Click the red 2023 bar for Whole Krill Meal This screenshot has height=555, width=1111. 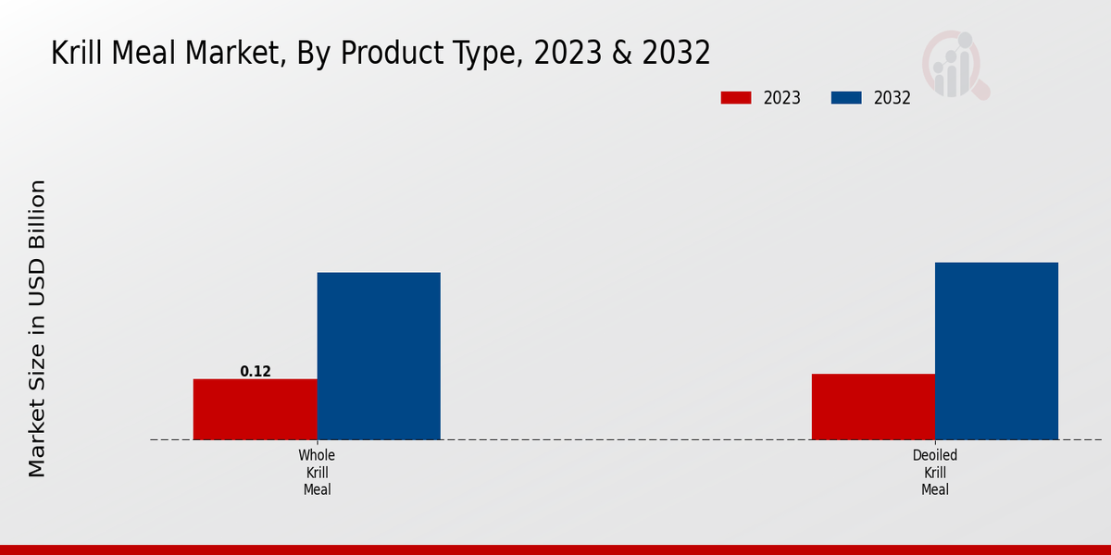pyautogui.click(x=255, y=409)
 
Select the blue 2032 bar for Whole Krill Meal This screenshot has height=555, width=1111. pyautogui.click(x=379, y=356)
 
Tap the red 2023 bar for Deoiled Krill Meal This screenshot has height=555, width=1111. pyautogui.click(x=873, y=406)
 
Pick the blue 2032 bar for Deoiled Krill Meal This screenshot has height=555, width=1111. pyautogui.click(x=996, y=351)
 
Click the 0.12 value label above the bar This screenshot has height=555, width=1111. pyautogui.click(x=256, y=371)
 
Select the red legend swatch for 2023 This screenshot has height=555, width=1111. pyautogui.click(x=737, y=98)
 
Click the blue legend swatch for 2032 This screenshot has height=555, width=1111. pyautogui.click(x=846, y=98)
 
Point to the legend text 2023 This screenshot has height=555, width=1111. pyautogui.click(x=781, y=98)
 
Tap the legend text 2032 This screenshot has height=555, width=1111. pyautogui.click(x=892, y=98)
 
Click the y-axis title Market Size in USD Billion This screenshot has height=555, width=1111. pyautogui.click(x=37, y=328)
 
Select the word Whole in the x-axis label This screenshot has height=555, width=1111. pyautogui.click(x=317, y=455)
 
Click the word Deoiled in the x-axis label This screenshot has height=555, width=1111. pyautogui.click(x=934, y=455)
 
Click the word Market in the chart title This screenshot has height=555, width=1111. pyautogui.click(x=241, y=53)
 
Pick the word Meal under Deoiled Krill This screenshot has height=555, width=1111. pyautogui.click(x=934, y=489)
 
